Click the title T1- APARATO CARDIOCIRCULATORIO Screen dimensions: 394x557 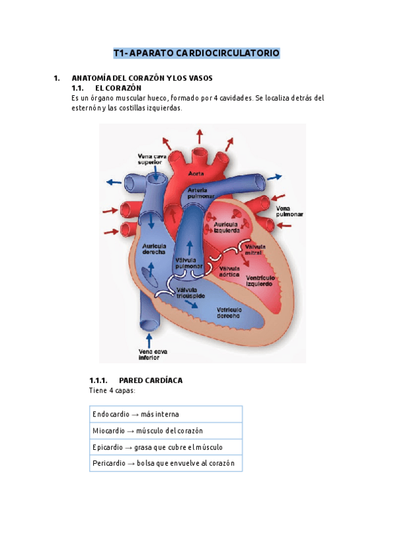click(x=196, y=53)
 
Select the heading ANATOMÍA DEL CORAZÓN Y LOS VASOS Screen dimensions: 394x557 click(x=142, y=78)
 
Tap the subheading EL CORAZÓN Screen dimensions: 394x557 click(x=118, y=88)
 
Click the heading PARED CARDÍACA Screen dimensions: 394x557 click(x=150, y=380)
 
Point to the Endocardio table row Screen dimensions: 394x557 click(x=166, y=414)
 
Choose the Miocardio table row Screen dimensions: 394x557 click(x=166, y=430)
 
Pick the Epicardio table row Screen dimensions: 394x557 click(x=166, y=447)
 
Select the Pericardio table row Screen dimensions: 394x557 click(x=166, y=463)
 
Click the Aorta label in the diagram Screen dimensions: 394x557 click(x=196, y=173)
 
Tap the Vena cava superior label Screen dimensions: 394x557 click(x=152, y=159)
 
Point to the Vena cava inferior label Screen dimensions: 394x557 click(x=153, y=355)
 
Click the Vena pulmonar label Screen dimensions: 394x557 click(x=290, y=212)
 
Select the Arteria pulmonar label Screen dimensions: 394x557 click(x=201, y=193)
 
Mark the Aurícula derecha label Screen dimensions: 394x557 click(x=154, y=249)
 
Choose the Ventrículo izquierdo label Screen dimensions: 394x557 click(x=260, y=280)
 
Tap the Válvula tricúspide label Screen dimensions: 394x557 click(x=190, y=293)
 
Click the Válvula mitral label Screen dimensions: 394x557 click(x=255, y=250)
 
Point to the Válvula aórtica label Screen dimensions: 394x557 click(x=229, y=271)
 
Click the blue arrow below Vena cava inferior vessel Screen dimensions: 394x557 click(x=149, y=340)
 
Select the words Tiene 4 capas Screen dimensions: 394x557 click(x=112, y=391)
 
